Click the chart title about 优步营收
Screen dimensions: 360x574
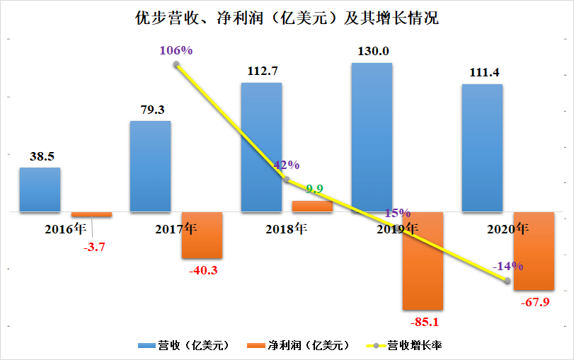[x=287, y=18]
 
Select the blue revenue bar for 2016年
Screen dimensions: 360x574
[x=40, y=190]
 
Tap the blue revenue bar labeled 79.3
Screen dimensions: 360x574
[x=150, y=166]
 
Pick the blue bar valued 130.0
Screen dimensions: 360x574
[x=372, y=137]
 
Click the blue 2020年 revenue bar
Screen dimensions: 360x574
[x=482, y=148]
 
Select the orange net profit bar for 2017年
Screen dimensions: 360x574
[x=202, y=235]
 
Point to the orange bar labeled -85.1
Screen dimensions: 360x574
[x=423, y=260]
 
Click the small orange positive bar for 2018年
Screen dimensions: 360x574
[x=312, y=206]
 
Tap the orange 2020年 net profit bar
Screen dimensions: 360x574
[x=533, y=250]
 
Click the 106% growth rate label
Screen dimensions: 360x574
[x=177, y=50]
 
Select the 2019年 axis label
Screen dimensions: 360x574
[x=396, y=229]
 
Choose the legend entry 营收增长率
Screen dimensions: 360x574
[x=415, y=346]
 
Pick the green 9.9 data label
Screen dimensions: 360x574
[x=314, y=188]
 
